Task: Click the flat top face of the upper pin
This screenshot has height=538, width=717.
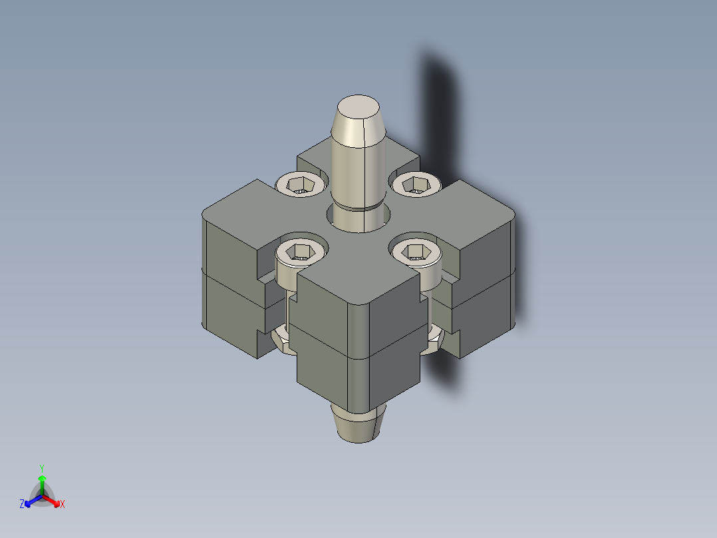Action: tap(358, 107)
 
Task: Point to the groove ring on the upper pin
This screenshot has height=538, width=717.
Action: tap(358, 207)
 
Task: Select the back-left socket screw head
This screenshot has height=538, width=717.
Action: tap(301, 184)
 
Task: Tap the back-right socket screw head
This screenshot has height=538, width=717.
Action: tap(416, 183)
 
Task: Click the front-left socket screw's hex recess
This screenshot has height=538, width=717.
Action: tap(301, 252)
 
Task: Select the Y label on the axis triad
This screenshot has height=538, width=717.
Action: tap(42, 468)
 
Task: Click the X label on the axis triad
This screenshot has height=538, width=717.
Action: tap(63, 505)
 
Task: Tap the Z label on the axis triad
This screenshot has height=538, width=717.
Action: tap(22, 505)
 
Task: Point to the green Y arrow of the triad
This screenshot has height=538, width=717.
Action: tap(42, 483)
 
